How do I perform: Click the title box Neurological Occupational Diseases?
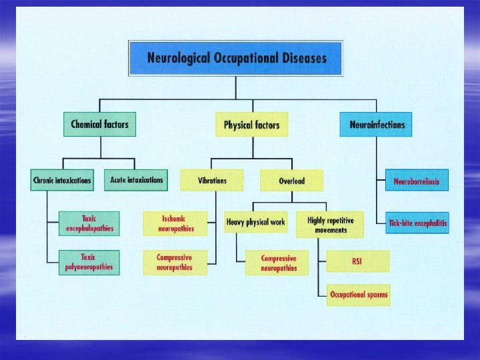point(235,58)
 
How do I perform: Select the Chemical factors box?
point(99,124)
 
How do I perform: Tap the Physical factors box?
point(251,125)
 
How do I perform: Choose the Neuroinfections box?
point(377,124)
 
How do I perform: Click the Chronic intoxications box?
point(63,180)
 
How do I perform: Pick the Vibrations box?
point(212,180)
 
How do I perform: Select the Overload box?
point(291,181)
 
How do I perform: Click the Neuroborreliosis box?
point(417,181)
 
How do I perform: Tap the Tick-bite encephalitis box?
point(417,223)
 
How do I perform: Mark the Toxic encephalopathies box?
point(89,223)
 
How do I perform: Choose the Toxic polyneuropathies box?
point(89,262)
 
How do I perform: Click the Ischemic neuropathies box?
point(175,223)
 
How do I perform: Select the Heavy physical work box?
point(255,222)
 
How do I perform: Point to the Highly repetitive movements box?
point(331,225)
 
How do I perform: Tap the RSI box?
point(357,261)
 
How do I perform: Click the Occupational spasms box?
point(358,295)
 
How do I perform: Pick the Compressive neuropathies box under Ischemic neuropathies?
point(175,262)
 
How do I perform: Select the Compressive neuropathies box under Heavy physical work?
point(279,263)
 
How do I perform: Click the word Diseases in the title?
point(303,58)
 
